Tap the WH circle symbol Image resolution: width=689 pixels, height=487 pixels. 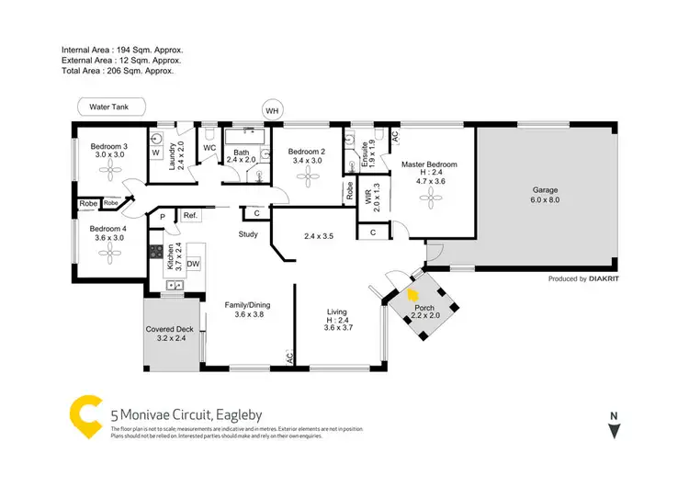(271, 111)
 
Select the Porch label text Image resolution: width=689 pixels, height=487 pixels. (424, 308)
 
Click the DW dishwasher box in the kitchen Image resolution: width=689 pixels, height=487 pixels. (193, 265)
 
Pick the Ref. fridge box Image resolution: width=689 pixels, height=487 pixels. (190, 215)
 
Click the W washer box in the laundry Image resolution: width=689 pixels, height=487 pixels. (155, 153)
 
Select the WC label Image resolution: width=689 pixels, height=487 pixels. (209, 147)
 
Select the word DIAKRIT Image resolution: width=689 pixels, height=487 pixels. (605, 278)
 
